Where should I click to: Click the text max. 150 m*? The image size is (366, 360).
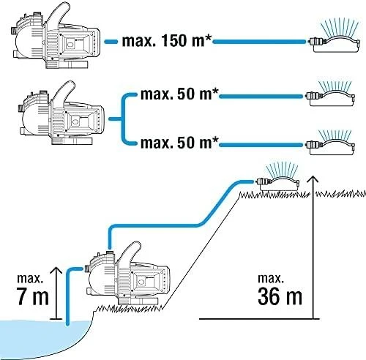(166, 41)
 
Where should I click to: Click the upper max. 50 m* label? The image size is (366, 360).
(179, 94)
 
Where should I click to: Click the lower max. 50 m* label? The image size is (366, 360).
(179, 143)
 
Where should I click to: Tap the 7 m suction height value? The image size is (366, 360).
(33, 296)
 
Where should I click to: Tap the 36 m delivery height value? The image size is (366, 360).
(280, 296)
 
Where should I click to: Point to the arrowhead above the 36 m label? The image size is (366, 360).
(313, 179)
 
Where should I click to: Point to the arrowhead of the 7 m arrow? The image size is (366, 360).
(56, 271)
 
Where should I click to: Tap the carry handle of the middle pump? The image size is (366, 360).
(63, 94)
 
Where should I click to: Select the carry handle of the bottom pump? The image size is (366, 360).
(130, 254)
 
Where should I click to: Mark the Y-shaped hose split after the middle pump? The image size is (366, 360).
(122, 119)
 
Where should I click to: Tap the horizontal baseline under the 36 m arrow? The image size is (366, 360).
(259, 319)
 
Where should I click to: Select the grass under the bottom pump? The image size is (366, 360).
(130, 308)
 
